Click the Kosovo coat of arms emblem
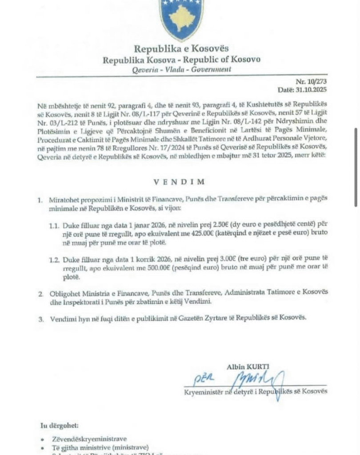click(x=182, y=18)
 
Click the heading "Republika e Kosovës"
click(x=181, y=48)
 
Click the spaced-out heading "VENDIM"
click(x=180, y=182)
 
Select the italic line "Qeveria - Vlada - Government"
click(x=181, y=69)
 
